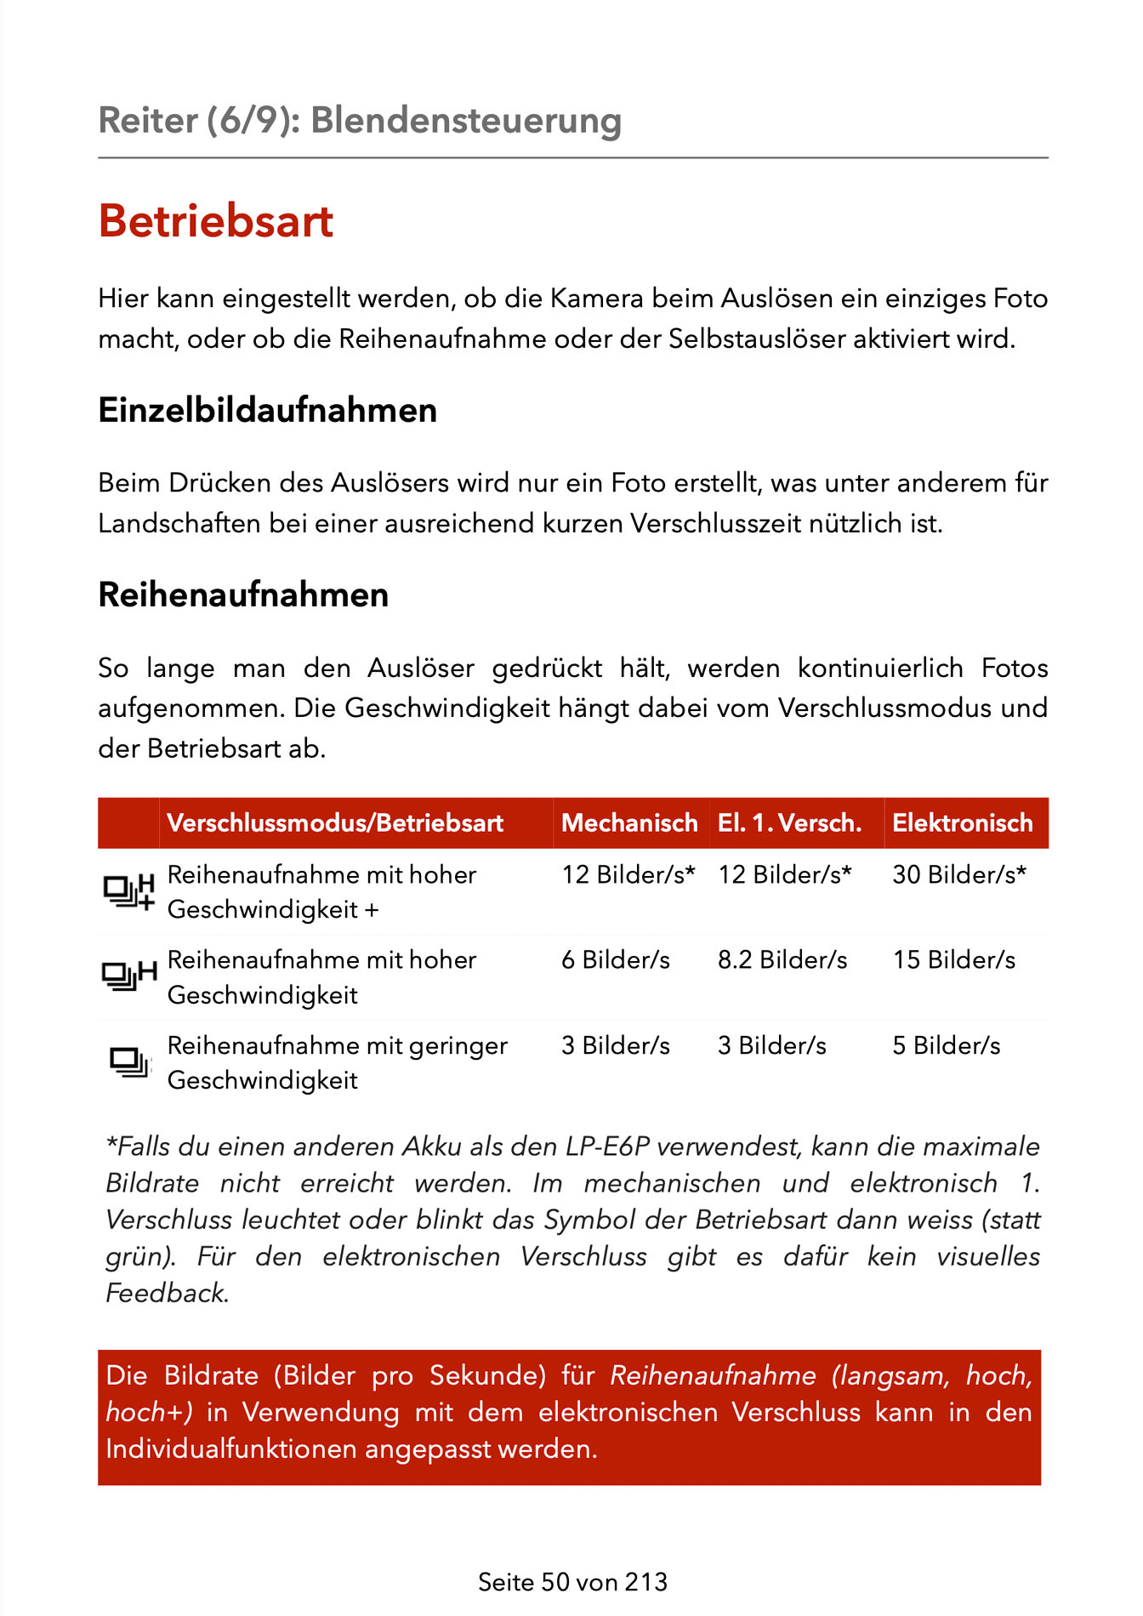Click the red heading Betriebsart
click(x=216, y=221)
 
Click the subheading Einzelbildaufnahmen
click(x=267, y=410)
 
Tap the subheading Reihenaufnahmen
click(x=243, y=595)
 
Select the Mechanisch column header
click(x=629, y=822)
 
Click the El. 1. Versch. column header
click(x=789, y=822)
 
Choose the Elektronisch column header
click(x=962, y=822)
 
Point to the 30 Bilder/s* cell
click(x=959, y=874)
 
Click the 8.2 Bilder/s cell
click(x=782, y=960)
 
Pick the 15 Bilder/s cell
click(x=954, y=960)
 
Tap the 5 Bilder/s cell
click(x=947, y=1045)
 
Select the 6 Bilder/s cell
click(x=616, y=960)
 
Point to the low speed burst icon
click(x=128, y=1062)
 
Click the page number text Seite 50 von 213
click(x=572, y=1582)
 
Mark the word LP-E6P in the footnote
click(x=607, y=1147)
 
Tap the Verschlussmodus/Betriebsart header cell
click(x=335, y=822)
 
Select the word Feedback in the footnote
click(x=166, y=1294)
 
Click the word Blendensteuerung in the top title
click(x=466, y=120)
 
